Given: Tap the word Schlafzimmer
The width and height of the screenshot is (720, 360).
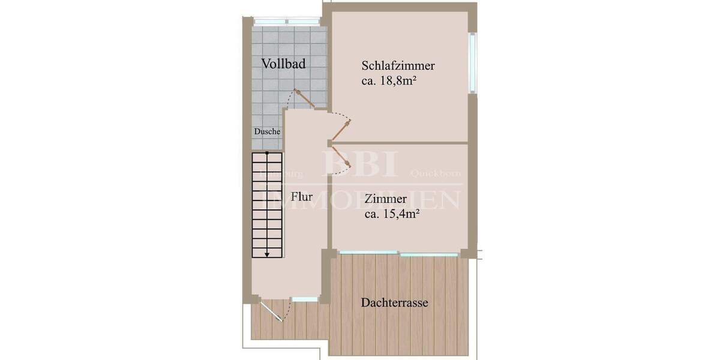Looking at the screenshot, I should pos(398,66).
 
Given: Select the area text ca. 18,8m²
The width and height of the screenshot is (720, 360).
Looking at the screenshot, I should pos(389,81).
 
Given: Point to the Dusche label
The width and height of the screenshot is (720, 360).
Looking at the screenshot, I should pos(267,131).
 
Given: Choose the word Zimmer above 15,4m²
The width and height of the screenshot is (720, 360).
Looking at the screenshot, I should pos(386,199).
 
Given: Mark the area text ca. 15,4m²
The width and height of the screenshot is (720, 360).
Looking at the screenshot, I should pos(391,214).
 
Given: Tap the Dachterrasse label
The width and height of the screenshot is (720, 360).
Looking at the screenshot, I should pos(394,303).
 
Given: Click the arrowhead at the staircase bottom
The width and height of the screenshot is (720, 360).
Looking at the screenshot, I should pos(267,253).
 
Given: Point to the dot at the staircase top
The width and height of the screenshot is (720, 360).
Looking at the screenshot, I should pos(267,154).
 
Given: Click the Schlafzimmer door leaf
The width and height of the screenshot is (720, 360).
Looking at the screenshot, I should pos(341,130).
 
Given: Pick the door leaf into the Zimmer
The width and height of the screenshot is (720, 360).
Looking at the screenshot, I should pos(340,155).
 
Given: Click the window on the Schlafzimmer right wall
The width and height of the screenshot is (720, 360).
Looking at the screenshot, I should pos(473,62).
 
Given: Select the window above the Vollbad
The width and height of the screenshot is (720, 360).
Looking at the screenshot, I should pos(285,22).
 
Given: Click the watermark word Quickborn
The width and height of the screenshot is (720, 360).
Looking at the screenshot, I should pos(435,173).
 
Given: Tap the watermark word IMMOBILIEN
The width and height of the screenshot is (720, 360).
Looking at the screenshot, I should pos(364,200).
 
